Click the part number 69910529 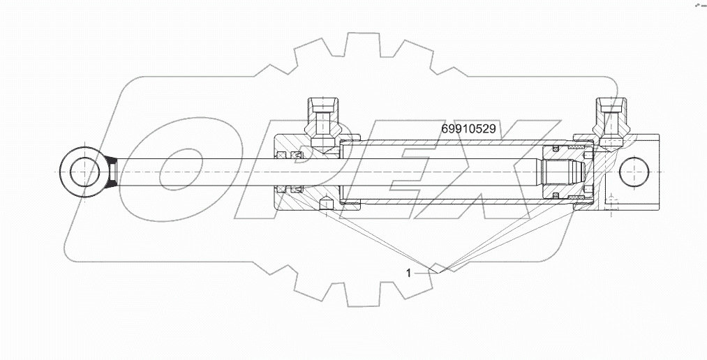[x=469, y=129]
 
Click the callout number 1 [x=408, y=273]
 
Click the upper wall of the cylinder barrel [x=447, y=142]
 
